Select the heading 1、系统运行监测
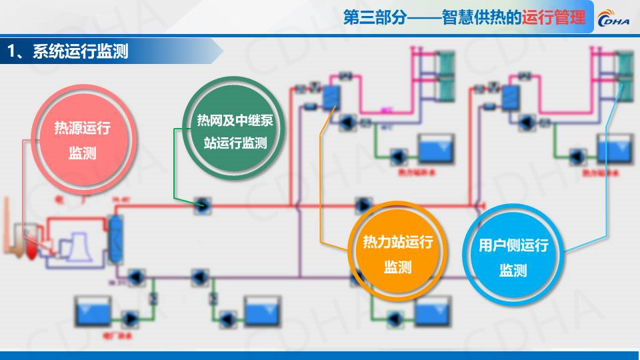[67, 51]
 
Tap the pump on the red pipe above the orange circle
[363, 205]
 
